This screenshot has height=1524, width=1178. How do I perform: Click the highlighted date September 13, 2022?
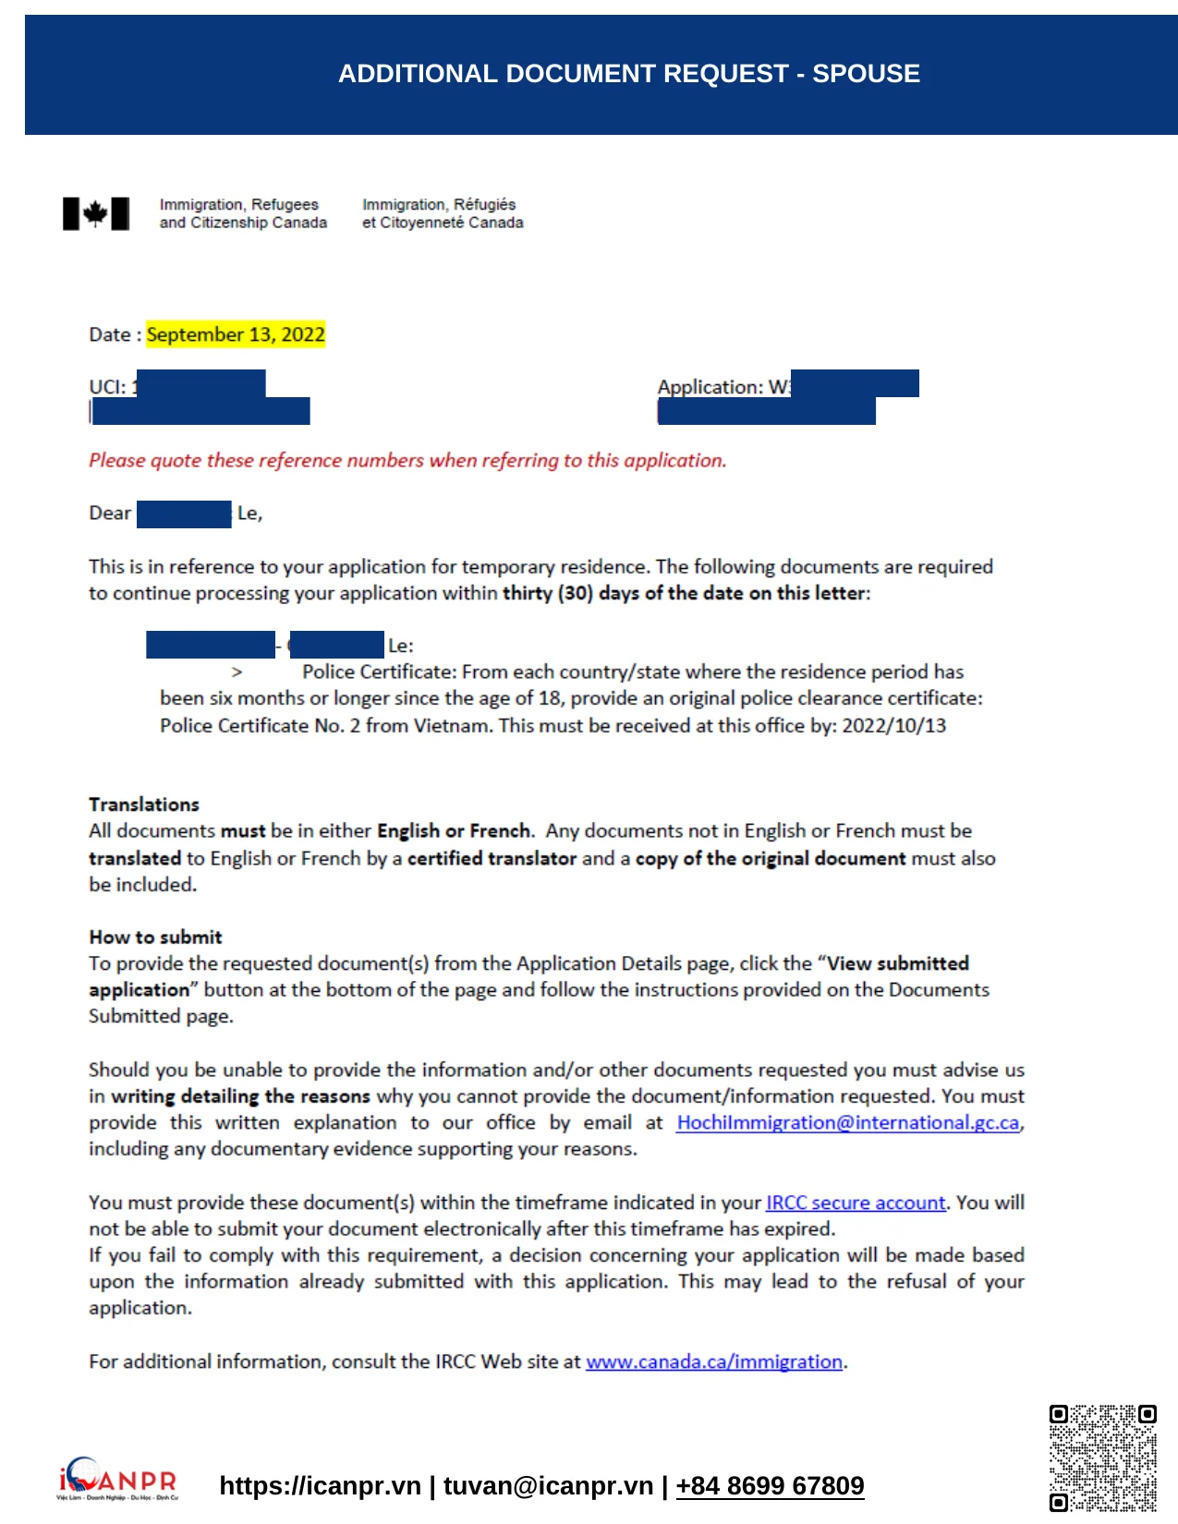click(x=236, y=334)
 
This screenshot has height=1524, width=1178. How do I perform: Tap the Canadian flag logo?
click(x=96, y=213)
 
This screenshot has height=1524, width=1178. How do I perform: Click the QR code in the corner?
click(x=1102, y=1457)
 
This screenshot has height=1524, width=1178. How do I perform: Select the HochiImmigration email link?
click(x=848, y=1122)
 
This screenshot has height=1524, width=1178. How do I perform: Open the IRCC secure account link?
click(x=856, y=1203)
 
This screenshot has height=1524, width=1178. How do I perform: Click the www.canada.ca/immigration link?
click(x=714, y=1361)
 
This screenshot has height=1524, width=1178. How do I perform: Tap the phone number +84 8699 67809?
click(x=770, y=1485)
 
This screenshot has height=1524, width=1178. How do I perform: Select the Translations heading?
click(x=144, y=804)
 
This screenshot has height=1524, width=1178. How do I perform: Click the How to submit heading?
click(x=155, y=937)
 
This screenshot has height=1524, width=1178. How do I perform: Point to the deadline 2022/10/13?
click(x=893, y=725)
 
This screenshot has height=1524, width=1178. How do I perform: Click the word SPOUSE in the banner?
click(x=866, y=74)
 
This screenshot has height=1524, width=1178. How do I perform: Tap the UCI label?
click(x=106, y=387)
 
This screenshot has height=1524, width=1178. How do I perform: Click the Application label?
click(x=710, y=387)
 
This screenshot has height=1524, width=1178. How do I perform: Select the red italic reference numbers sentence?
click(x=407, y=460)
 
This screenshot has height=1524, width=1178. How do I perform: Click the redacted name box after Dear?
click(x=184, y=514)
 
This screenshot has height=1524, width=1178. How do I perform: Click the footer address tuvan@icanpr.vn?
click(x=548, y=1485)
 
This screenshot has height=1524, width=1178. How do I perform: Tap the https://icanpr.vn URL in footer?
click(x=320, y=1485)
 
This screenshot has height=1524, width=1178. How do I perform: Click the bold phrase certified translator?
click(x=492, y=858)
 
